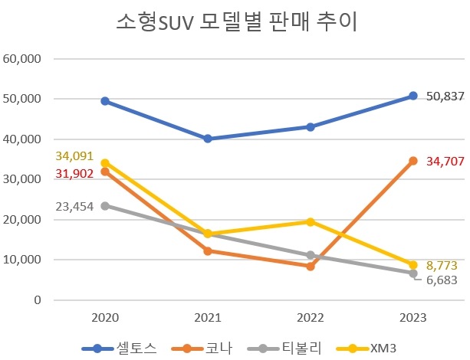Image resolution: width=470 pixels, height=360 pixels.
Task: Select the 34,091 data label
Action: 74,156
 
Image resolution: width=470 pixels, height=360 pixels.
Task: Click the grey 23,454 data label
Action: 74,206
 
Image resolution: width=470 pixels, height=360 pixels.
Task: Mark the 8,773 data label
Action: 442,264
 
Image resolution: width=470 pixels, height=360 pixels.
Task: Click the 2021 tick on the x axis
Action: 208,316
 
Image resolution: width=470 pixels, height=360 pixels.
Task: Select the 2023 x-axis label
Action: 413,316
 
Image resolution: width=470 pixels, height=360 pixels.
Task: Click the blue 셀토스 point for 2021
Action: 208,139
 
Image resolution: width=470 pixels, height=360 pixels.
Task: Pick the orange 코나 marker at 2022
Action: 311,267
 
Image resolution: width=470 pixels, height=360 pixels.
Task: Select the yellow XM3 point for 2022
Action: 311,222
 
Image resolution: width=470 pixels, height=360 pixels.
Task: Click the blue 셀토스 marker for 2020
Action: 105,101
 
